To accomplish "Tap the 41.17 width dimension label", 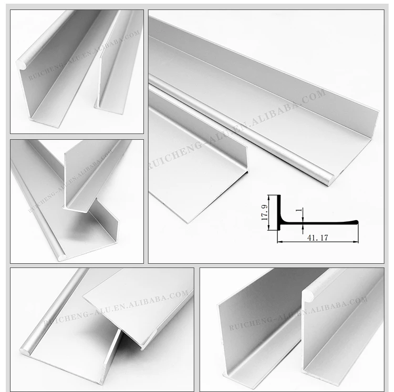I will [316, 238].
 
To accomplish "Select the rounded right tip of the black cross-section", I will [356, 222].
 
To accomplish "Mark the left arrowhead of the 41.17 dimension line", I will [279, 242].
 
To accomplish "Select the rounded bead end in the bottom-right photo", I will [308, 295].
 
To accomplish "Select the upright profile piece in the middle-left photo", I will [89, 173].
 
